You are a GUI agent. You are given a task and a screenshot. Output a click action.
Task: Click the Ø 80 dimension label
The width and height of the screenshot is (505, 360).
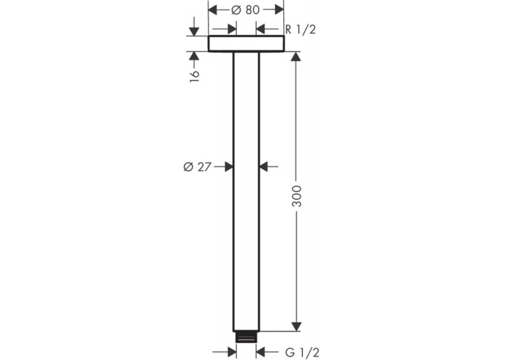(x=246, y=10)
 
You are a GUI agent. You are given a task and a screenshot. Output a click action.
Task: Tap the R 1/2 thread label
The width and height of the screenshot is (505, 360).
(x=300, y=30)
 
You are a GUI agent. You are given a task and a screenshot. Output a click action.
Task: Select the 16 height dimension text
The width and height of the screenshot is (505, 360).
(x=194, y=75)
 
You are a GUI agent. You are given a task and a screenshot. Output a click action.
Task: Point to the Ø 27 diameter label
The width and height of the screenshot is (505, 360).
(x=197, y=166)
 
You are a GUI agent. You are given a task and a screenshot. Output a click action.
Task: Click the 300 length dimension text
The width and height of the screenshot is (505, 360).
(x=296, y=196)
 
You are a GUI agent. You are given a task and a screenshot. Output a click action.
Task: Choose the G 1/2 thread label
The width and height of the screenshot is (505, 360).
(x=302, y=352)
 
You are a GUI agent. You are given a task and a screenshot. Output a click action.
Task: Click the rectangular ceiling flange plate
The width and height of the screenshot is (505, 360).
(x=246, y=44)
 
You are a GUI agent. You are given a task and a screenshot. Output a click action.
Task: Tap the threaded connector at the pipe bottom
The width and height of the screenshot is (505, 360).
(x=246, y=337)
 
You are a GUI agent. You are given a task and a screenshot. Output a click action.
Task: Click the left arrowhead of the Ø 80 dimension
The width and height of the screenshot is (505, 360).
(x=213, y=10)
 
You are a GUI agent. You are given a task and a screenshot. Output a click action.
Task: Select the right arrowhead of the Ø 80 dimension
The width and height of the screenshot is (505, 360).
(x=279, y=10)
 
